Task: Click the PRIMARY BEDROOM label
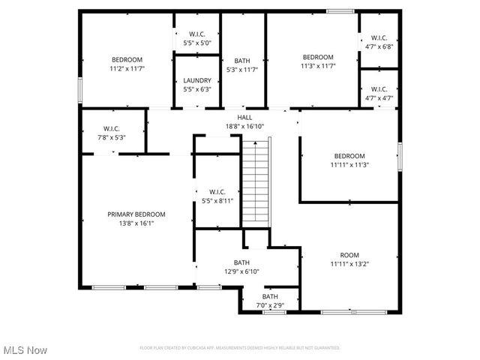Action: [136, 214]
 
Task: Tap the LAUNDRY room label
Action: [197, 80]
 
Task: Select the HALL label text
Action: [244, 118]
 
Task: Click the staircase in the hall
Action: [255, 184]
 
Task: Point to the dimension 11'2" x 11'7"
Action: [127, 68]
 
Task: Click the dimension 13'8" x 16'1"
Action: [136, 223]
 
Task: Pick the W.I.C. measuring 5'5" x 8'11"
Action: [217, 196]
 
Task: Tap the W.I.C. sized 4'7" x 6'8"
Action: [379, 42]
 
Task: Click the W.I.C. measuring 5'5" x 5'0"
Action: [197, 38]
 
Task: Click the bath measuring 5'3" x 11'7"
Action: [242, 65]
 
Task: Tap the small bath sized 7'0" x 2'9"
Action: [269, 301]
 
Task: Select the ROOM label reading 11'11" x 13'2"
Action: [349, 259]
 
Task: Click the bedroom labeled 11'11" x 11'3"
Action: [349, 160]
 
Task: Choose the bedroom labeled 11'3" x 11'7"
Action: [318, 61]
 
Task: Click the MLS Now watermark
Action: [25, 350]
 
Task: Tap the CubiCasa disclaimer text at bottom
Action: [240, 348]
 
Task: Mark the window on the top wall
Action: [340, 10]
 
